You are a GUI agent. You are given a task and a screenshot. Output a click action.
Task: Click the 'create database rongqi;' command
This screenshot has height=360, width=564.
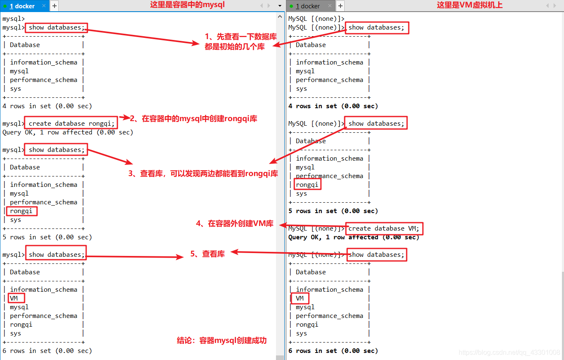(x=71, y=124)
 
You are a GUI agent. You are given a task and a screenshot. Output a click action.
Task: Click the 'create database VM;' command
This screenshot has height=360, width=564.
(x=384, y=228)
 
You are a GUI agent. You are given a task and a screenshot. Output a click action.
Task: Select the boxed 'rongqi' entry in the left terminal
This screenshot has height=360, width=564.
(x=21, y=211)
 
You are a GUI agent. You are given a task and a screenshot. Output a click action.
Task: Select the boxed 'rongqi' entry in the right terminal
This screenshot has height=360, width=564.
(x=307, y=184)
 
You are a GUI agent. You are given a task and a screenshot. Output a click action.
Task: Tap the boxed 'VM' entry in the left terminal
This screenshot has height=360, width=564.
(x=14, y=298)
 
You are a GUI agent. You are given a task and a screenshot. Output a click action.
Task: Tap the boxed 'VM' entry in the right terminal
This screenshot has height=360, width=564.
(x=300, y=298)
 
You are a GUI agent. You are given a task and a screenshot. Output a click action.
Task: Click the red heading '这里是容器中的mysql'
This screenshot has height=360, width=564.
(x=187, y=5)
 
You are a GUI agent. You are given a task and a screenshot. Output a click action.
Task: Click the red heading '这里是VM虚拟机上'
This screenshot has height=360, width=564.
(x=470, y=5)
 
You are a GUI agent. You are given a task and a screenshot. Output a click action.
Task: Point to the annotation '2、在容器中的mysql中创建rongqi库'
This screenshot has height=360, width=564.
(x=194, y=119)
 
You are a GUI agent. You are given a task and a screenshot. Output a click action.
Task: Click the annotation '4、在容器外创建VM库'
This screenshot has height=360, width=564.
(x=235, y=224)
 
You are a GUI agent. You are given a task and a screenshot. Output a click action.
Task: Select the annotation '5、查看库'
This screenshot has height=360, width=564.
(x=207, y=254)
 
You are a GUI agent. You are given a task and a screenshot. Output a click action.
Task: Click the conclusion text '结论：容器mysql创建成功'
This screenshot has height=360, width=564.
(x=221, y=340)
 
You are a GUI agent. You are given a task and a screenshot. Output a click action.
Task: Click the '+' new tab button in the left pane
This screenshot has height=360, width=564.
(x=55, y=6)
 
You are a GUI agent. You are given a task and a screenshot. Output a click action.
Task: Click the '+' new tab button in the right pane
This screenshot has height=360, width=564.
(x=340, y=6)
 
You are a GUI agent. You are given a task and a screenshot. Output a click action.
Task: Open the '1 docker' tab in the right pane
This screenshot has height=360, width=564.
(x=308, y=6)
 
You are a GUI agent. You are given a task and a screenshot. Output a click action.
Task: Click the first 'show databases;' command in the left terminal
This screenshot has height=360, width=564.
(x=57, y=27)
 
